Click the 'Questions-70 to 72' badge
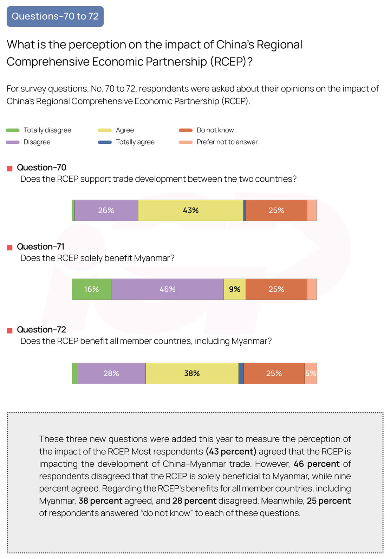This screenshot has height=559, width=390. tap(55, 16)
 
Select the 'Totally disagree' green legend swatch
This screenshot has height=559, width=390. tap(13, 130)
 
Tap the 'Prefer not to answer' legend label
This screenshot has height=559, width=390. tap(227, 142)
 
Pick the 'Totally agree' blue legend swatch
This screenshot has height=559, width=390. tap(105, 142)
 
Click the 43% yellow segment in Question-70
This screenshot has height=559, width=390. tap(190, 210)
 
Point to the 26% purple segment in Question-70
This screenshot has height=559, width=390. tap(106, 210)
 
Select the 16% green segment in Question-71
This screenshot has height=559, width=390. tap(91, 289)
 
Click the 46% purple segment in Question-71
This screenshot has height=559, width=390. tap(167, 289)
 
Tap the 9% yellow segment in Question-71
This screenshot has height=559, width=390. tap(234, 289)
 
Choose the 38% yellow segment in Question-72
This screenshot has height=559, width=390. tap(192, 373)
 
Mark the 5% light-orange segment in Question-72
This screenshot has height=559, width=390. tap(311, 373)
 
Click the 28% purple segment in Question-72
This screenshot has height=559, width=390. tap(111, 373)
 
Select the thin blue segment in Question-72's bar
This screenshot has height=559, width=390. tap(241, 373)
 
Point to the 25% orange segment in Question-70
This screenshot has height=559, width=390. tap(276, 210)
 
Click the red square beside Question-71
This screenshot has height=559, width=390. tap(10, 248)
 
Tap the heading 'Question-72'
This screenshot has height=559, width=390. tap(41, 330)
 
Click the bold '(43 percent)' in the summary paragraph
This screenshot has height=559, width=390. tap(231, 452)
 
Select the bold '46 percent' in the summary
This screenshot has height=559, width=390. tap(316, 464)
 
